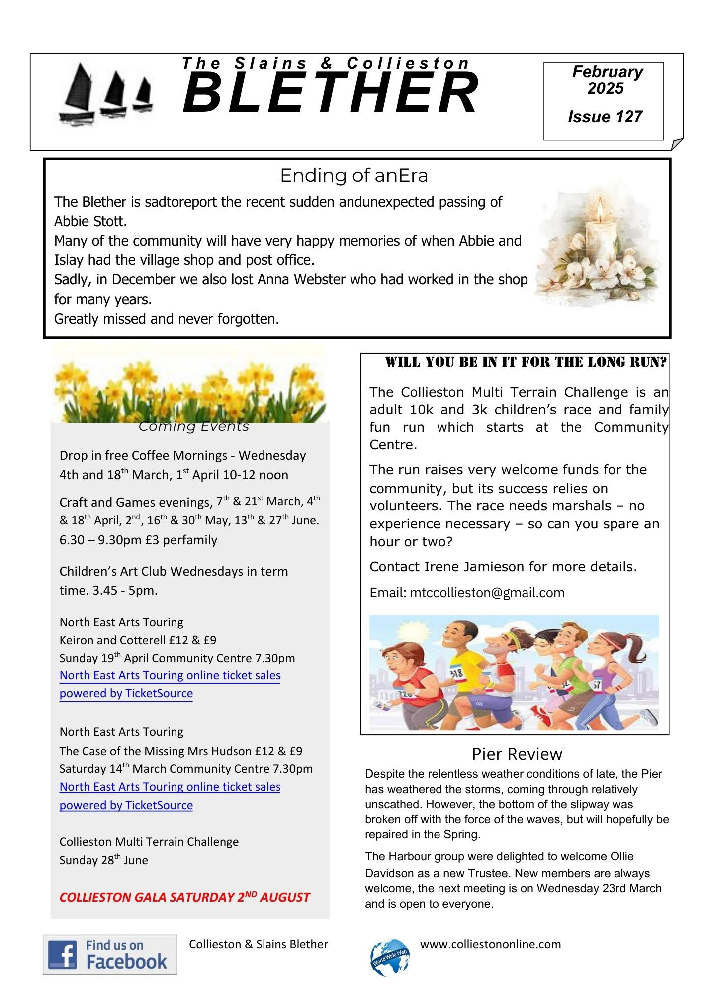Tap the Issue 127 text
click(x=605, y=117)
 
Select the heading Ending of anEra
click(x=353, y=175)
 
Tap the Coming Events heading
click(x=193, y=426)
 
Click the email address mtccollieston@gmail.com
click(x=487, y=593)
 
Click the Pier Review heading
click(x=517, y=754)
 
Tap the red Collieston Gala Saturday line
click(x=184, y=897)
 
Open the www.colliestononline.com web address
click(x=490, y=944)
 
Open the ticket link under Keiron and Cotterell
click(x=170, y=684)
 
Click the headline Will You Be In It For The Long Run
click(x=526, y=362)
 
